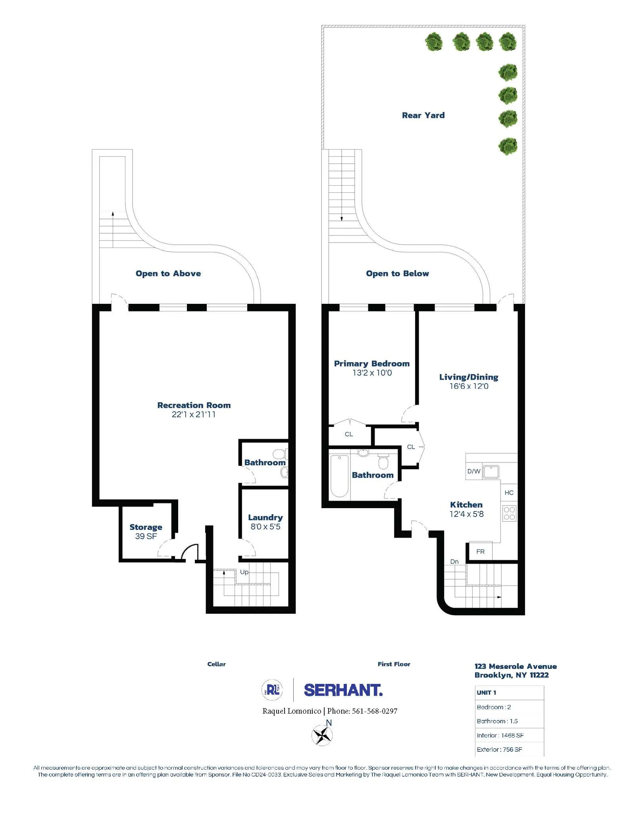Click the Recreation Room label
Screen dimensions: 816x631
pos(194,405)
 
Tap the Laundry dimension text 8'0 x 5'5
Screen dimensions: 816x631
pos(265,527)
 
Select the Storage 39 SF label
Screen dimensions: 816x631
pos(146,531)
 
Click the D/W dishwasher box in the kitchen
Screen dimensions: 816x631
pos(473,471)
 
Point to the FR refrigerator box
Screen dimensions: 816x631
pos(480,551)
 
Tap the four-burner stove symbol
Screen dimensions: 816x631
pos(509,513)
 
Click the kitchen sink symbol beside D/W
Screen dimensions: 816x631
pos(491,472)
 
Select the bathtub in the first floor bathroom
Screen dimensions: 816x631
pos(339,476)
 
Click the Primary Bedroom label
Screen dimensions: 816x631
pos(371,363)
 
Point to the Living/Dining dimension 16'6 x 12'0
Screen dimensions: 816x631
pos(469,386)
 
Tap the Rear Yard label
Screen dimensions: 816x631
pos(423,115)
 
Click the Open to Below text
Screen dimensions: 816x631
pos(397,273)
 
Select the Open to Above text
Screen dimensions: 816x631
pos(168,273)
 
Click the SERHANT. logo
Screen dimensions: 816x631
pos(343,690)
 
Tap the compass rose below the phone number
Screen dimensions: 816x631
pos(322,735)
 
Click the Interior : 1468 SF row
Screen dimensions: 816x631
pos(500,735)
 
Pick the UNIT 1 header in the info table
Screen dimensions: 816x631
pos(487,693)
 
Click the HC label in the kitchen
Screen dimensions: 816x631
pos(509,493)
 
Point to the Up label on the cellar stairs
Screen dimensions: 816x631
pos(244,572)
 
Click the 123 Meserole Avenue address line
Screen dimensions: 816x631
pos(516,666)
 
